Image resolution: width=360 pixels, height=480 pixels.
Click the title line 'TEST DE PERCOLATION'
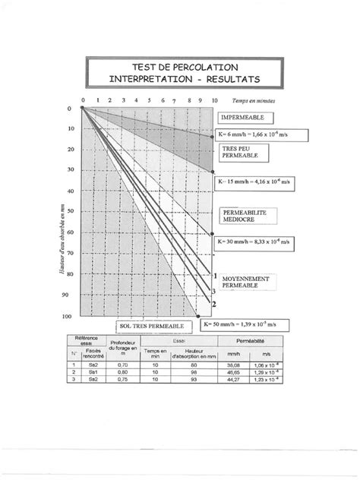click(x=178, y=67)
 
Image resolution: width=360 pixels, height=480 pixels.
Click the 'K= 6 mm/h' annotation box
click(x=259, y=135)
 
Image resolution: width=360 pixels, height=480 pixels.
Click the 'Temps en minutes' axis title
click(x=254, y=99)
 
